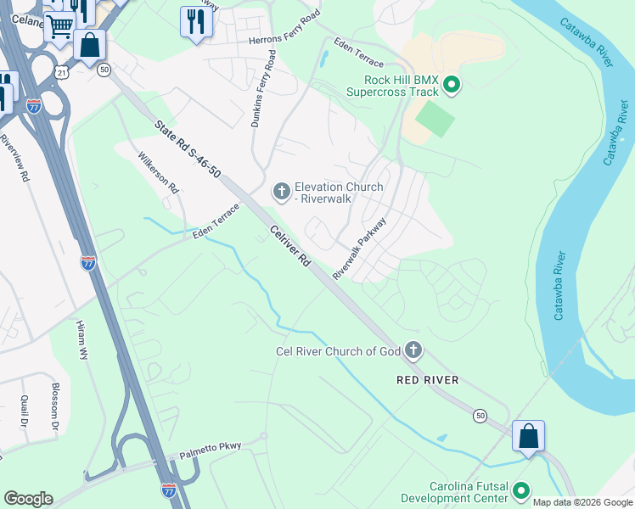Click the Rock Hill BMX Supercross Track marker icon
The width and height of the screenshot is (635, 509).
(452, 84)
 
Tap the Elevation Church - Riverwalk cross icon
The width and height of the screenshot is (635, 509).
(280, 193)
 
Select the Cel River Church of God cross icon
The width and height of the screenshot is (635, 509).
(413, 350)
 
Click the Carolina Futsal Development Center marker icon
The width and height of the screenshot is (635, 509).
(520, 491)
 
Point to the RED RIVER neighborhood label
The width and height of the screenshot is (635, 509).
(428, 380)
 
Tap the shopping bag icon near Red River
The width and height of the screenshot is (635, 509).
(528, 436)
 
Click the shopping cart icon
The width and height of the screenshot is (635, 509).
(59, 26)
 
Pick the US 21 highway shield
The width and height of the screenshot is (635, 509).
(61, 73)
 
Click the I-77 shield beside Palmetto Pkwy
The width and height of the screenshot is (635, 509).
(168, 489)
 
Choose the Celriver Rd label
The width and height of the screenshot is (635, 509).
(289, 248)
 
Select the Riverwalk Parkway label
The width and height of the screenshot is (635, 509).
(359, 249)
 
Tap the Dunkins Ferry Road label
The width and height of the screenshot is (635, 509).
(262, 89)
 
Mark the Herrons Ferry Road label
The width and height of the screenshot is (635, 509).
(284, 28)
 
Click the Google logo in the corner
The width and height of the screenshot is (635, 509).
(28, 499)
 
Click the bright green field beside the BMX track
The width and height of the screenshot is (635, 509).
(436, 119)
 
